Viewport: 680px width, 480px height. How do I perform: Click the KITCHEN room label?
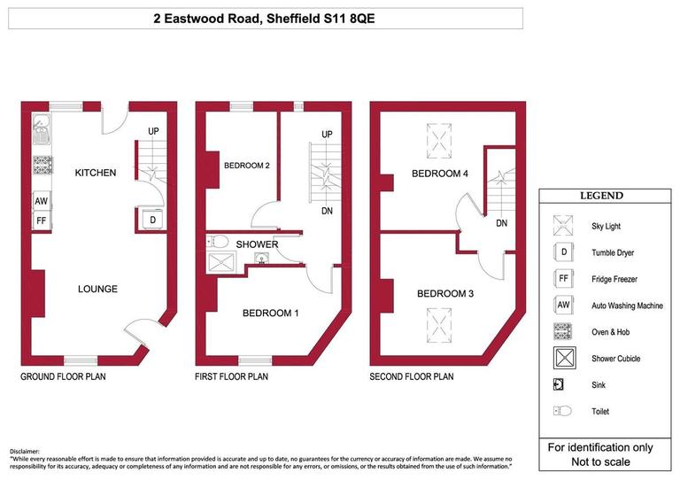tap(95, 173)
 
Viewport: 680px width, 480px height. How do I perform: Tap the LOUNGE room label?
tap(97, 289)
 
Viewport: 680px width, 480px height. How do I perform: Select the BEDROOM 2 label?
tap(246, 166)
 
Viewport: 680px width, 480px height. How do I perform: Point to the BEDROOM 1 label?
tap(272, 313)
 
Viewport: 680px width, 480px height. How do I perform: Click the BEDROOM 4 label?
tap(439, 174)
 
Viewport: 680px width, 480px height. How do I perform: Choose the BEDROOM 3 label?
tap(445, 293)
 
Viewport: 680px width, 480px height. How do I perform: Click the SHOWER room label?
tap(257, 244)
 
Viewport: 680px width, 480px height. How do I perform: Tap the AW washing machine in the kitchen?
tap(42, 202)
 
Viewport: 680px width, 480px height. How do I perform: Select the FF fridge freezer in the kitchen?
tap(42, 221)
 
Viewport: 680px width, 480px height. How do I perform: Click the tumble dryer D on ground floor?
tap(151, 220)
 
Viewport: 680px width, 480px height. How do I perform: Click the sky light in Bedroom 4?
tap(438, 136)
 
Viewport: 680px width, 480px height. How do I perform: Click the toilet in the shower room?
tap(220, 240)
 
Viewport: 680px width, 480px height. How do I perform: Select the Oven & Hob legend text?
tap(616, 332)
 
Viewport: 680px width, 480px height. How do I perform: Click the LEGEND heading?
tap(600, 196)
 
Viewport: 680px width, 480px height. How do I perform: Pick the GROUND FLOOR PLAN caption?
tap(63, 377)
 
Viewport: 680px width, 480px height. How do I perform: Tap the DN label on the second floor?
tap(501, 223)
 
